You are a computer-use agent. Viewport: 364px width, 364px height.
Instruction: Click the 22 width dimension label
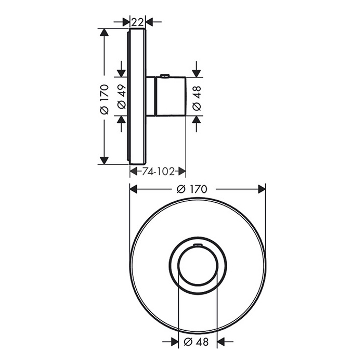click(x=137, y=22)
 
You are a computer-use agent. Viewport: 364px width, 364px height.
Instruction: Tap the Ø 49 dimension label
click(x=122, y=97)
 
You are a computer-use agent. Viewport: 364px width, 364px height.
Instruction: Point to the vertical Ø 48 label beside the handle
click(x=197, y=98)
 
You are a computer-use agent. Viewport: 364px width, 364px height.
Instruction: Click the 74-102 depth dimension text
click(x=158, y=172)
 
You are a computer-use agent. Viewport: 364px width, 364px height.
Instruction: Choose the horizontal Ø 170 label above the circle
click(x=192, y=189)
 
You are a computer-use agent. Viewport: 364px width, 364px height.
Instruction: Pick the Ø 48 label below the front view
click(x=196, y=342)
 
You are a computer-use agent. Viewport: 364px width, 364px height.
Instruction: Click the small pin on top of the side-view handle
click(x=165, y=75)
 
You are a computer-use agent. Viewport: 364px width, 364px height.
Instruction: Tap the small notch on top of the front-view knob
click(x=198, y=244)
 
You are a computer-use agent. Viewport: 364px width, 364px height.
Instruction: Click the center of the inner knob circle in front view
click(x=198, y=266)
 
